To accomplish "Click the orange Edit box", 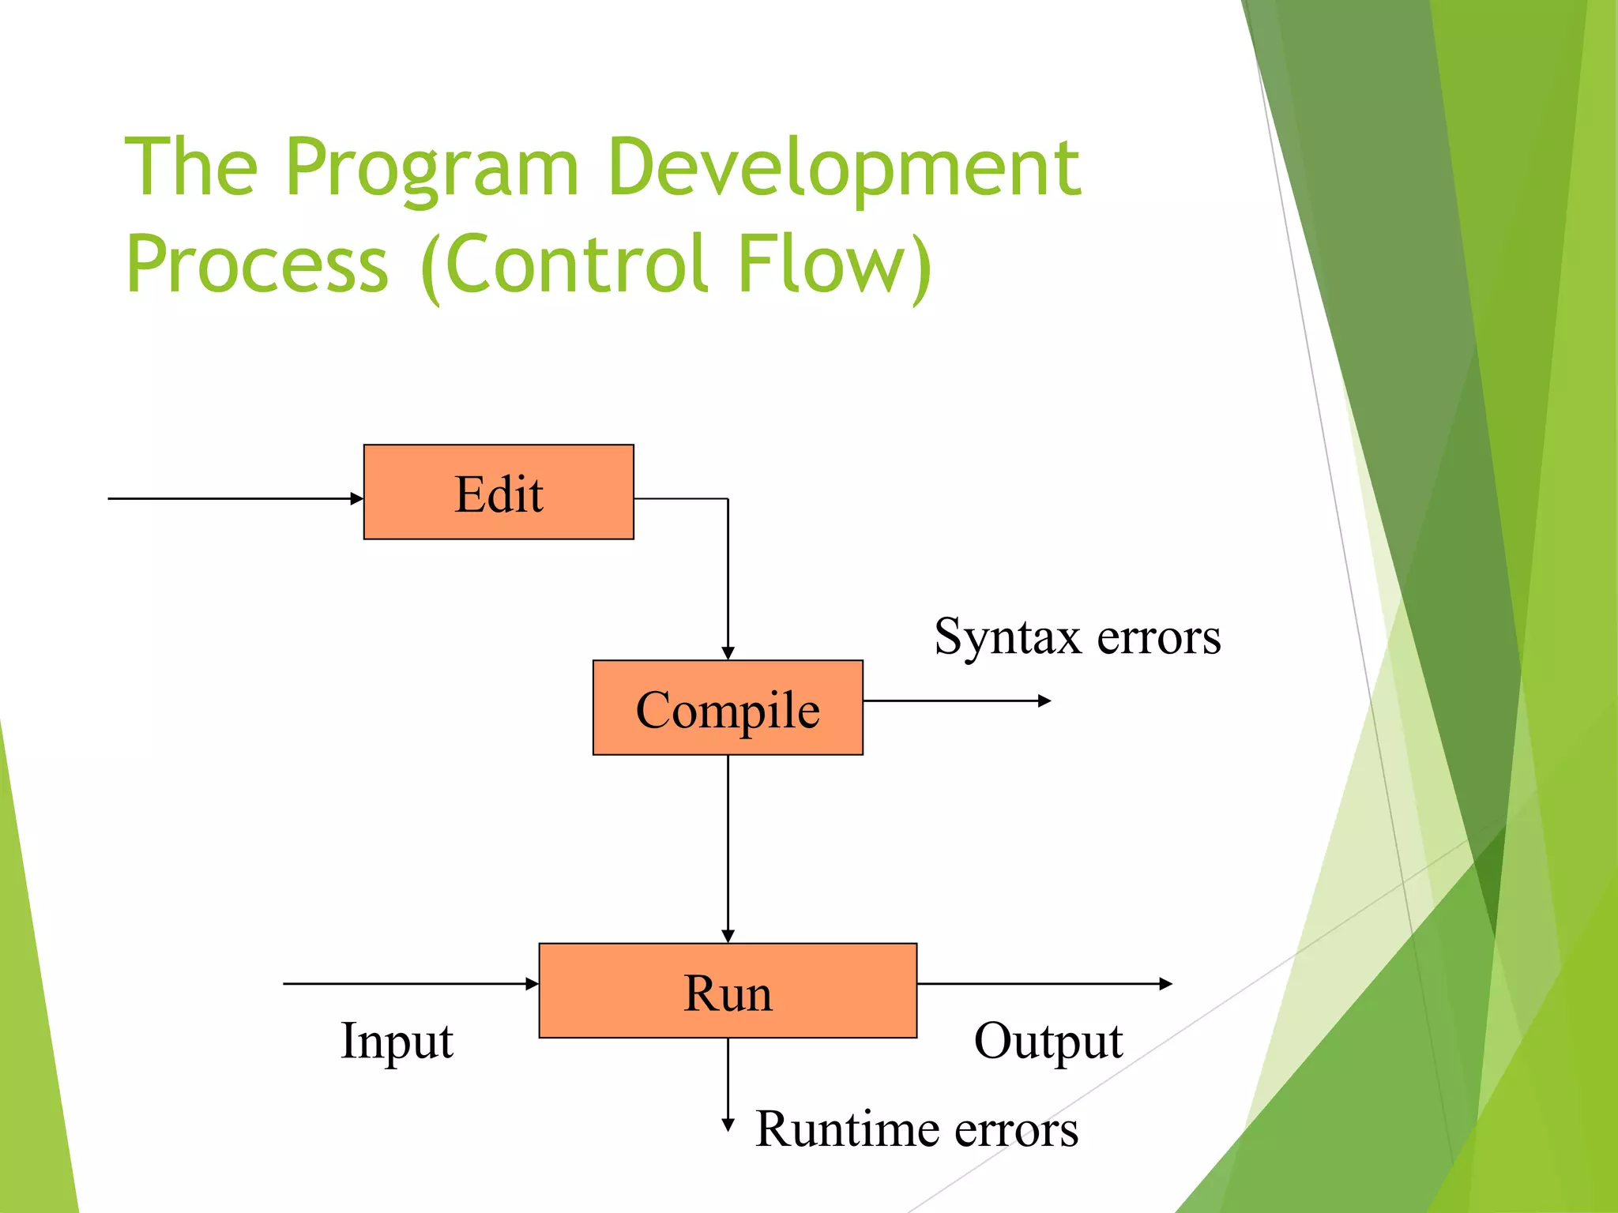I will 499,492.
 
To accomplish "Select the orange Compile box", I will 728,708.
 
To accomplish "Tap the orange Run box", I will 728,990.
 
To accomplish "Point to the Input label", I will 397,1041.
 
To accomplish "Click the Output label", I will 1048,1041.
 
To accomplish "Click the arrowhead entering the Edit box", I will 357,498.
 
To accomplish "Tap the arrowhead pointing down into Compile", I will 728,653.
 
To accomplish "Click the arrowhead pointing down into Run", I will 728,936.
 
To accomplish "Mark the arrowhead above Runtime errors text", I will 728,1125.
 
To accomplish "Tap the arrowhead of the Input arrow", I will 532,984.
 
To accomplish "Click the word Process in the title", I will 258,265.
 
